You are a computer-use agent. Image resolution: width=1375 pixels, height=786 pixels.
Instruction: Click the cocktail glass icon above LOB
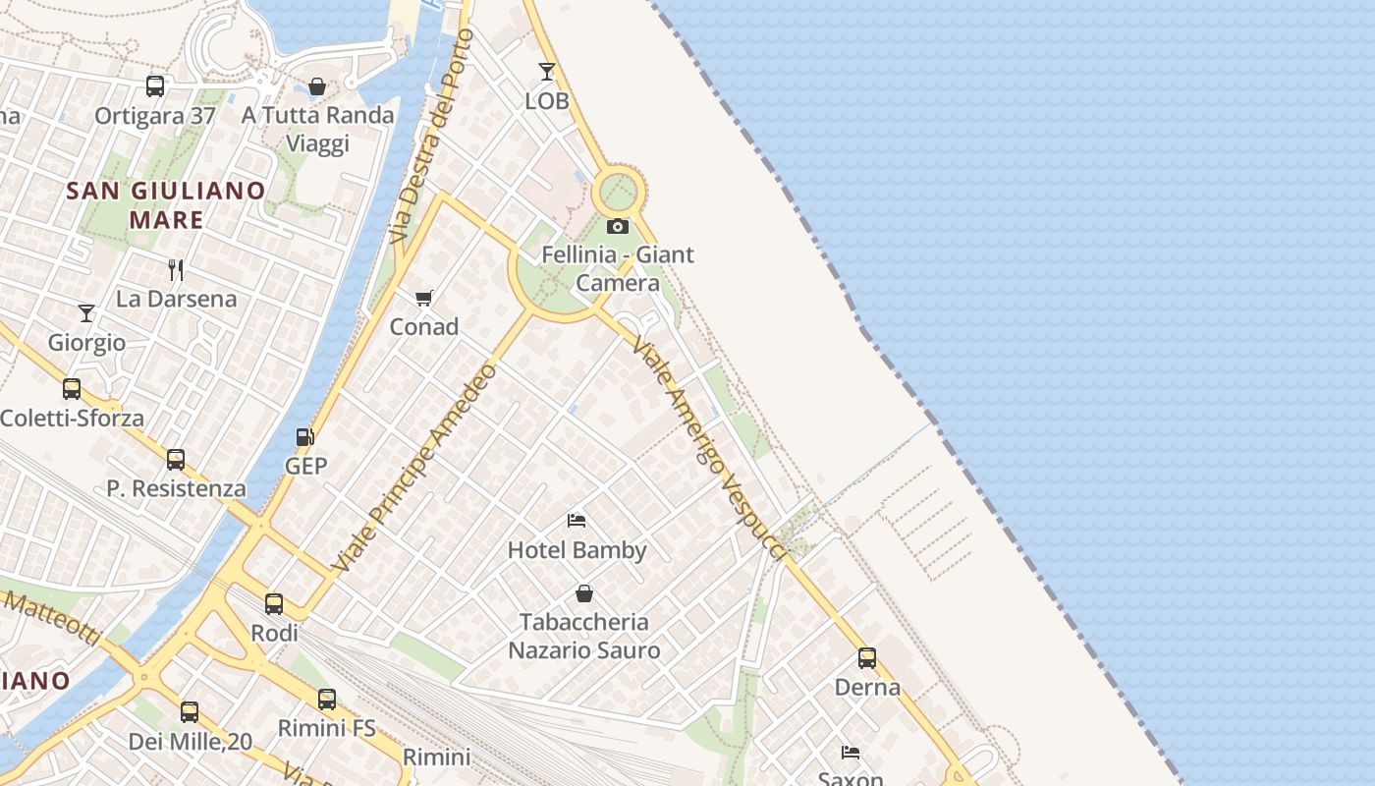[x=547, y=72]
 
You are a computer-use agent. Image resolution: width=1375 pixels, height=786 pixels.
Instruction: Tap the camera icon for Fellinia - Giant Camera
[x=618, y=227]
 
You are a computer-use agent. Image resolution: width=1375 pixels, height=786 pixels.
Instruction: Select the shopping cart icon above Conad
[x=424, y=298]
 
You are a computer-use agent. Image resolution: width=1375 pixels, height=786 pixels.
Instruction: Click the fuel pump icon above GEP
[x=305, y=437]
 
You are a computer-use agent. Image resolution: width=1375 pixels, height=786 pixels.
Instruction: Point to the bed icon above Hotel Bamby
[x=577, y=520]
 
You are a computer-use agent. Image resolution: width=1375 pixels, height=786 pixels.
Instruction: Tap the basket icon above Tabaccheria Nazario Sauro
[x=584, y=593]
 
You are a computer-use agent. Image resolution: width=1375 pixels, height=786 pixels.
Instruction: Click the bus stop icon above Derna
[x=867, y=658]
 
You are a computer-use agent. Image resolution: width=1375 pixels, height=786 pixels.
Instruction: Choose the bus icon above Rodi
[x=274, y=604]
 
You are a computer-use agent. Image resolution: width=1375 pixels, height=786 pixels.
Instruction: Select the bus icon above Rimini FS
[x=327, y=700]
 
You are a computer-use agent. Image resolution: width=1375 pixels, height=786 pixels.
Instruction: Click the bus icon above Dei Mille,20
[x=190, y=712]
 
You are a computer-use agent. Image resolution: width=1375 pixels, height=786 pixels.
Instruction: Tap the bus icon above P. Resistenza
[x=176, y=459]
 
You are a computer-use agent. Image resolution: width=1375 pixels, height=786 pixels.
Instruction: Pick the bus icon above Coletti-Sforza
[x=72, y=389]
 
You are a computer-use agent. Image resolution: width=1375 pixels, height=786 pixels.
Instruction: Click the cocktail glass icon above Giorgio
[x=86, y=313]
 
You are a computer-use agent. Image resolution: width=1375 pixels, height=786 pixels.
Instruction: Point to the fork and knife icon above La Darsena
[x=176, y=269]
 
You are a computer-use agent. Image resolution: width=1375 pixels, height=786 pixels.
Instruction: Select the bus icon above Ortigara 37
[x=155, y=86]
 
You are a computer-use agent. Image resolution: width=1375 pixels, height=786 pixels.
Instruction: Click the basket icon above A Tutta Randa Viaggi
[x=317, y=86]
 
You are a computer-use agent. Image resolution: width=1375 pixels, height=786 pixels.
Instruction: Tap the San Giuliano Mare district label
[x=166, y=204]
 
